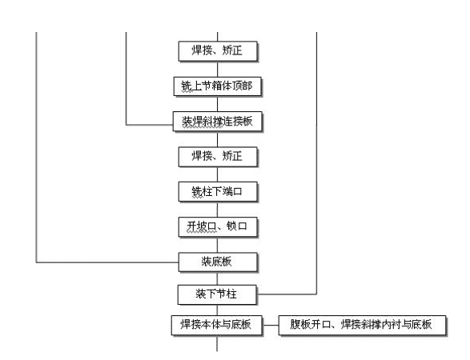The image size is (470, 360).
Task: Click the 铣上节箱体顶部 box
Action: point(218,86)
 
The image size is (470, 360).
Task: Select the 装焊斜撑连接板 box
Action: point(218,122)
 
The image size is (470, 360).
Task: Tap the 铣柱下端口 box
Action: point(218,192)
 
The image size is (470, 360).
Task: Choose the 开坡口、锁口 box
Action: point(218,227)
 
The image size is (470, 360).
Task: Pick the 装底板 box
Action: point(218,262)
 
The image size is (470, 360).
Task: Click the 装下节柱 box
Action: point(217,294)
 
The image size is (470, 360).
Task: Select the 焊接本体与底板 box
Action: point(217,325)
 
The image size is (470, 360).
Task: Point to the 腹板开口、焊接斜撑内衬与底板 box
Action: point(363,325)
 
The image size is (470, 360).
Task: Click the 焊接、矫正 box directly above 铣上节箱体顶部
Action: point(218,51)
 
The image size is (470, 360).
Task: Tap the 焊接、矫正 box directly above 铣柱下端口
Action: point(218,157)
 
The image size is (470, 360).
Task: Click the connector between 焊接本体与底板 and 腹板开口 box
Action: point(271,325)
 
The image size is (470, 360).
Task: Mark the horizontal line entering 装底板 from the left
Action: point(107,262)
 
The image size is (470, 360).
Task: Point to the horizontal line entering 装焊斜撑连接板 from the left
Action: point(149,125)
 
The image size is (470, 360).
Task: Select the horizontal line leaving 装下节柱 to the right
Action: point(287,294)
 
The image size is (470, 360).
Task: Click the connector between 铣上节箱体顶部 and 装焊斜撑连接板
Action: point(217,104)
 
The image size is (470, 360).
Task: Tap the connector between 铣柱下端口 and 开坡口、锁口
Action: point(217,210)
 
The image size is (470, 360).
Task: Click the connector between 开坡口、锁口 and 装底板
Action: point(217,245)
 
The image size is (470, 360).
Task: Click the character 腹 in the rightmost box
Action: point(295,324)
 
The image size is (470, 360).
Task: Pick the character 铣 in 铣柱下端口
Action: point(197,192)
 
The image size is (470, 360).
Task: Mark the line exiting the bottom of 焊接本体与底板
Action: point(217,343)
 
